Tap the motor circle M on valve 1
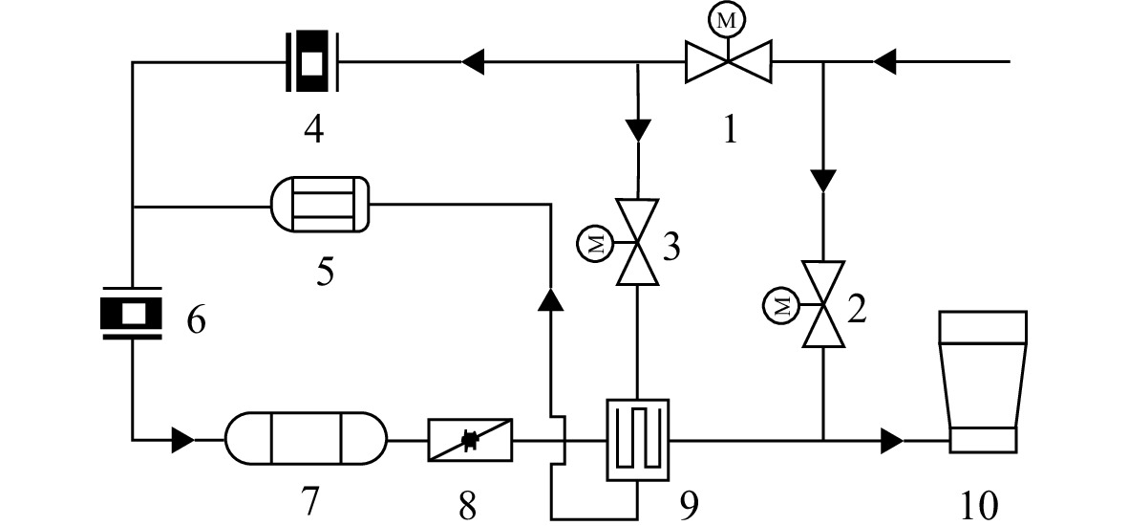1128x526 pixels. tap(728, 23)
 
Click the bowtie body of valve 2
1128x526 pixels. tap(823, 305)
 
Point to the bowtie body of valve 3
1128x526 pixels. tap(638, 242)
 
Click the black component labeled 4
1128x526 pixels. tap(311, 61)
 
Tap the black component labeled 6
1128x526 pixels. tap(131, 313)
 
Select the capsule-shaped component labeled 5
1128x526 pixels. tap(319, 205)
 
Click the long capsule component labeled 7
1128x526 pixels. tap(306, 438)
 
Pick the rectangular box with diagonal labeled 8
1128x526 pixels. tap(471, 440)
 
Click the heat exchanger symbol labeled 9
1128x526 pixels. tap(637, 440)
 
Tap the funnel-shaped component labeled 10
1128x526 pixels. tap(984, 382)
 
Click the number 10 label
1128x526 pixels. tap(979, 506)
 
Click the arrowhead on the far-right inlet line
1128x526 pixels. tap(884, 61)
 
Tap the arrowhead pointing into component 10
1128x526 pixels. tap(893, 440)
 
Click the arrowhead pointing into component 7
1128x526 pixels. tap(182, 440)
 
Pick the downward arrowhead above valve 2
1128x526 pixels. tap(823, 180)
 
